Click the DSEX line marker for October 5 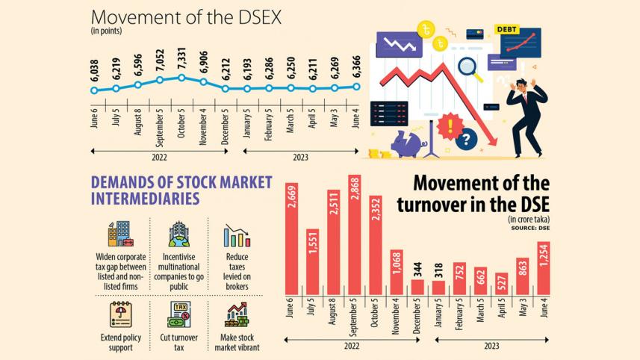click(x=181, y=78)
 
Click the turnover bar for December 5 click(x=417, y=287)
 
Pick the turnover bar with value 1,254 click(x=543, y=267)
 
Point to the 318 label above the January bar click(x=438, y=270)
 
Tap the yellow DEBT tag click(x=506, y=30)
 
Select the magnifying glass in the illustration click(x=470, y=69)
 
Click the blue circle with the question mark click(x=467, y=139)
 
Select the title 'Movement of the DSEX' click(x=186, y=17)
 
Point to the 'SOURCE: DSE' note click(x=531, y=226)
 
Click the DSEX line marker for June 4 click(x=356, y=86)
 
